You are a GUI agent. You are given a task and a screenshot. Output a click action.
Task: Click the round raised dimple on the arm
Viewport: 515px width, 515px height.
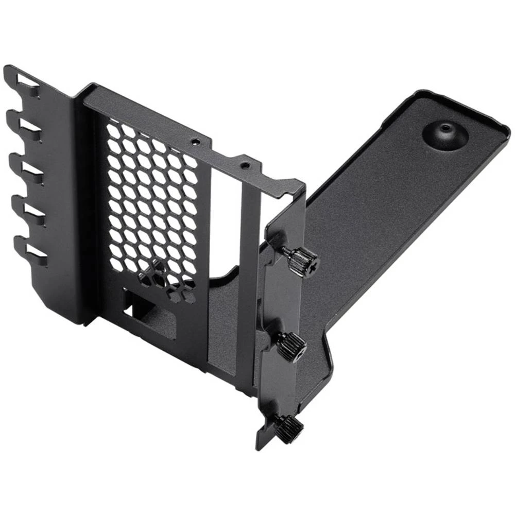445,134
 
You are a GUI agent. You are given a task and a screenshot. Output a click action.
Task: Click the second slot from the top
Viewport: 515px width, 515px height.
29,126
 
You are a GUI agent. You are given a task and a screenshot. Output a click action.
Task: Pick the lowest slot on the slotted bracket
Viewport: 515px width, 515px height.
35,252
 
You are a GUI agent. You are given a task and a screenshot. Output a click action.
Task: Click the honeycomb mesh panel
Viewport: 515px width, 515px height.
152,206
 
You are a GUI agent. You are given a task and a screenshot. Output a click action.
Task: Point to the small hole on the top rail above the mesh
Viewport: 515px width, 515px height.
194,140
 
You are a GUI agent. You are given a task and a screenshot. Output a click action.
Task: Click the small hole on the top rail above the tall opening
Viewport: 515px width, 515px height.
246,166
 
